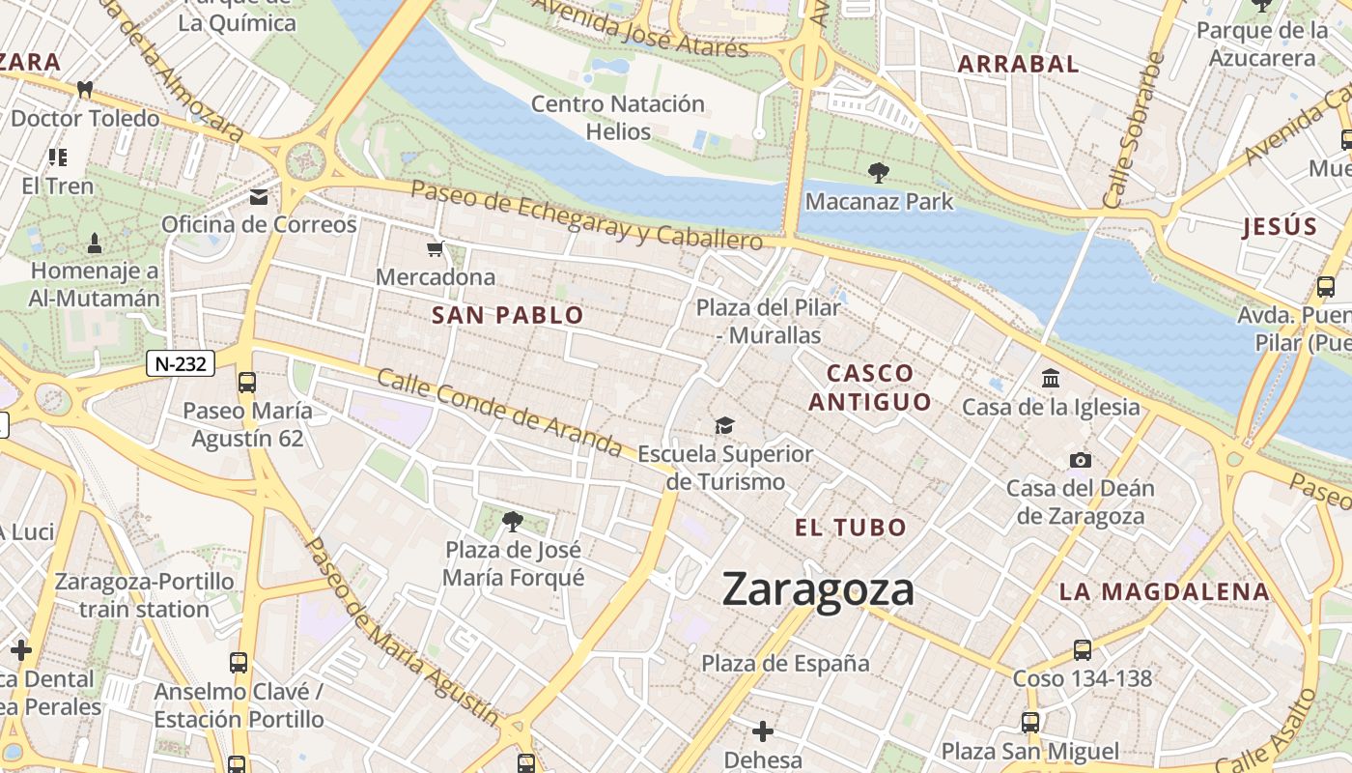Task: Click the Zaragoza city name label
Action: pyautogui.click(x=818, y=589)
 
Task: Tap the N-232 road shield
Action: pyautogui.click(x=181, y=363)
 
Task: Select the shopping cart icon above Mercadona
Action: pyautogui.click(x=436, y=249)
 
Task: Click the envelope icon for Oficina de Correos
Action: pyautogui.click(x=259, y=198)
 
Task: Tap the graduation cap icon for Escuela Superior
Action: pyautogui.click(x=724, y=425)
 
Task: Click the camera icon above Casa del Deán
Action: pyautogui.click(x=1080, y=460)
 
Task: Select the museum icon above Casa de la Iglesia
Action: pyautogui.click(x=1051, y=378)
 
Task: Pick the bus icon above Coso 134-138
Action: pyautogui.click(x=1082, y=650)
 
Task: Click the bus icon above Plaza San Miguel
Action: pyautogui.click(x=1030, y=723)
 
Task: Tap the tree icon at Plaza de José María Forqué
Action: pyautogui.click(x=513, y=523)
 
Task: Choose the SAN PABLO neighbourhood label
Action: pyautogui.click(x=508, y=315)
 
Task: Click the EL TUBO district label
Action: pyautogui.click(x=851, y=528)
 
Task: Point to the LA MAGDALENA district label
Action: pyautogui.click(x=1164, y=591)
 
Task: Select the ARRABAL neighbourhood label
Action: pyautogui.click(x=1018, y=65)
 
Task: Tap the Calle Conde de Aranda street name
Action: pyautogui.click(x=499, y=413)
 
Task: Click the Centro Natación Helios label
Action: pyautogui.click(x=618, y=117)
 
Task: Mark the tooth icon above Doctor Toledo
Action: pyautogui.click(x=85, y=90)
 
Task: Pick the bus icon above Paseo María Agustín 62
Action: pyautogui.click(x=247, y=383)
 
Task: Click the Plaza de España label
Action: pyautogui.click(x=785, y=664)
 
